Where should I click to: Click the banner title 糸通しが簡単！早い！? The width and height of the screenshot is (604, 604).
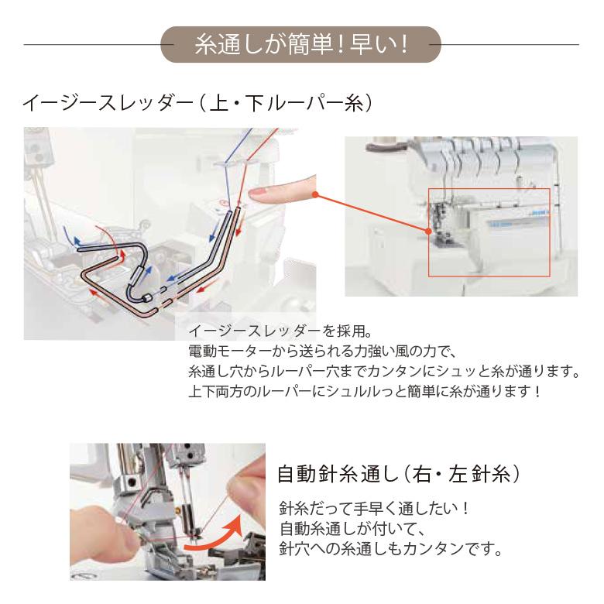[301, 45]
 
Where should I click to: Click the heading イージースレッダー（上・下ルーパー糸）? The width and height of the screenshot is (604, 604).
[197, 103]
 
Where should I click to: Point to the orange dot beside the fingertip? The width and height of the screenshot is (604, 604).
[315, 194]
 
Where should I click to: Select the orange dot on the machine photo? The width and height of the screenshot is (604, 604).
[428, 231]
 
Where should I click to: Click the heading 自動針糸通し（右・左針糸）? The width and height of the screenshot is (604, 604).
[399, 474]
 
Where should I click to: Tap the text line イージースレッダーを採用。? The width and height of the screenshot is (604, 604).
[280, 331]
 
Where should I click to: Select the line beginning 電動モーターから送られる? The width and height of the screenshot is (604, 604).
[322, 351]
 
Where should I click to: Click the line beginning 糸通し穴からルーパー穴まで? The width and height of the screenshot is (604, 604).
[384, 372]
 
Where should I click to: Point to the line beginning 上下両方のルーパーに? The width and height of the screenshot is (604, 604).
[365, 392]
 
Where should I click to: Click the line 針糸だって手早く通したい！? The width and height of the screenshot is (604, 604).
[375, 509]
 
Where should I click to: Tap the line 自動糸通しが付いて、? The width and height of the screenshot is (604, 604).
[352, 528]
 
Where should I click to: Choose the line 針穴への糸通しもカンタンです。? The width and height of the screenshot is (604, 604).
[390, 548]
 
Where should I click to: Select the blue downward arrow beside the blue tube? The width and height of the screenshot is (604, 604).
[213, 232]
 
